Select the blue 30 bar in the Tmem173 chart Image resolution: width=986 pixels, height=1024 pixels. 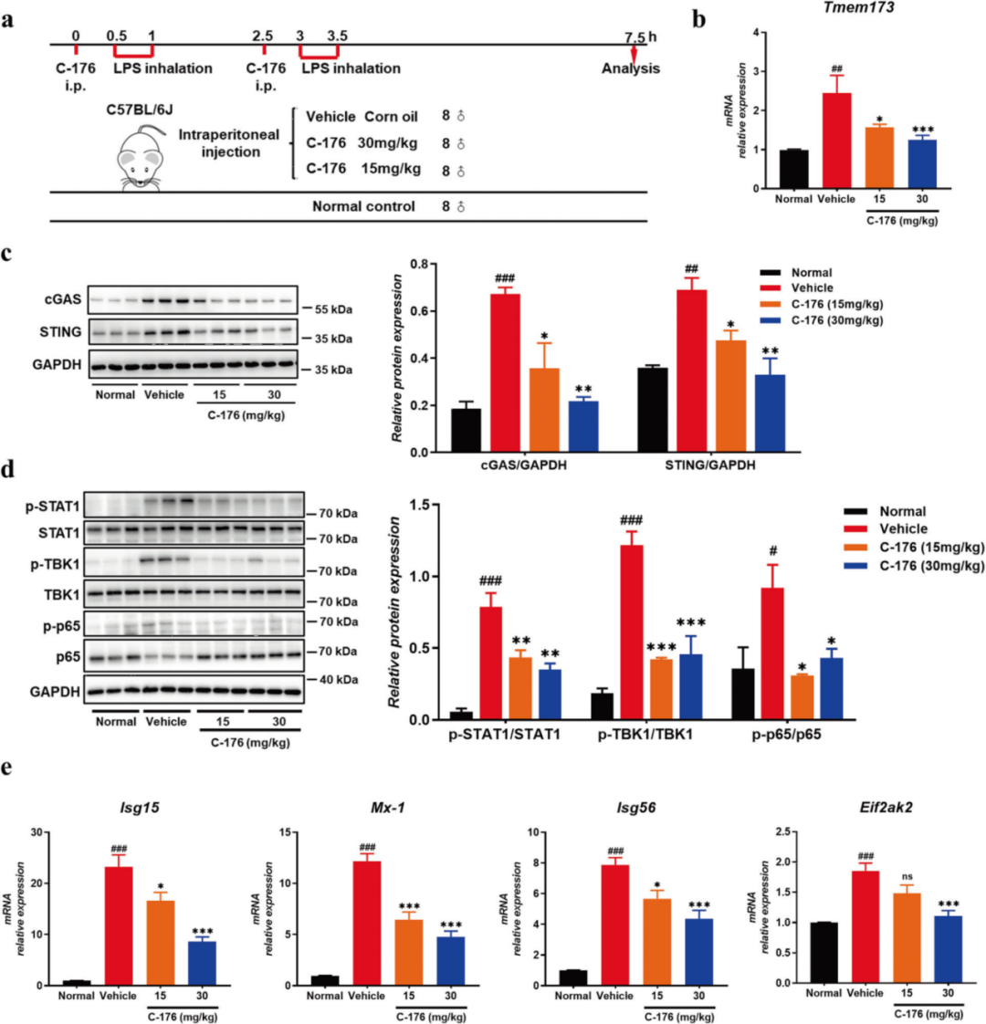point(922,163)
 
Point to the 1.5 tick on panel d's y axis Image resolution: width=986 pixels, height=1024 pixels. point(397,505)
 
